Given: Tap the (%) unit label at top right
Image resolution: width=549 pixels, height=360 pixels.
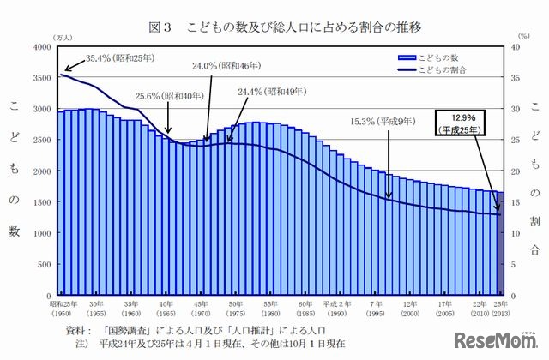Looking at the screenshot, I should pyautogui.click(x=514, y=37).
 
